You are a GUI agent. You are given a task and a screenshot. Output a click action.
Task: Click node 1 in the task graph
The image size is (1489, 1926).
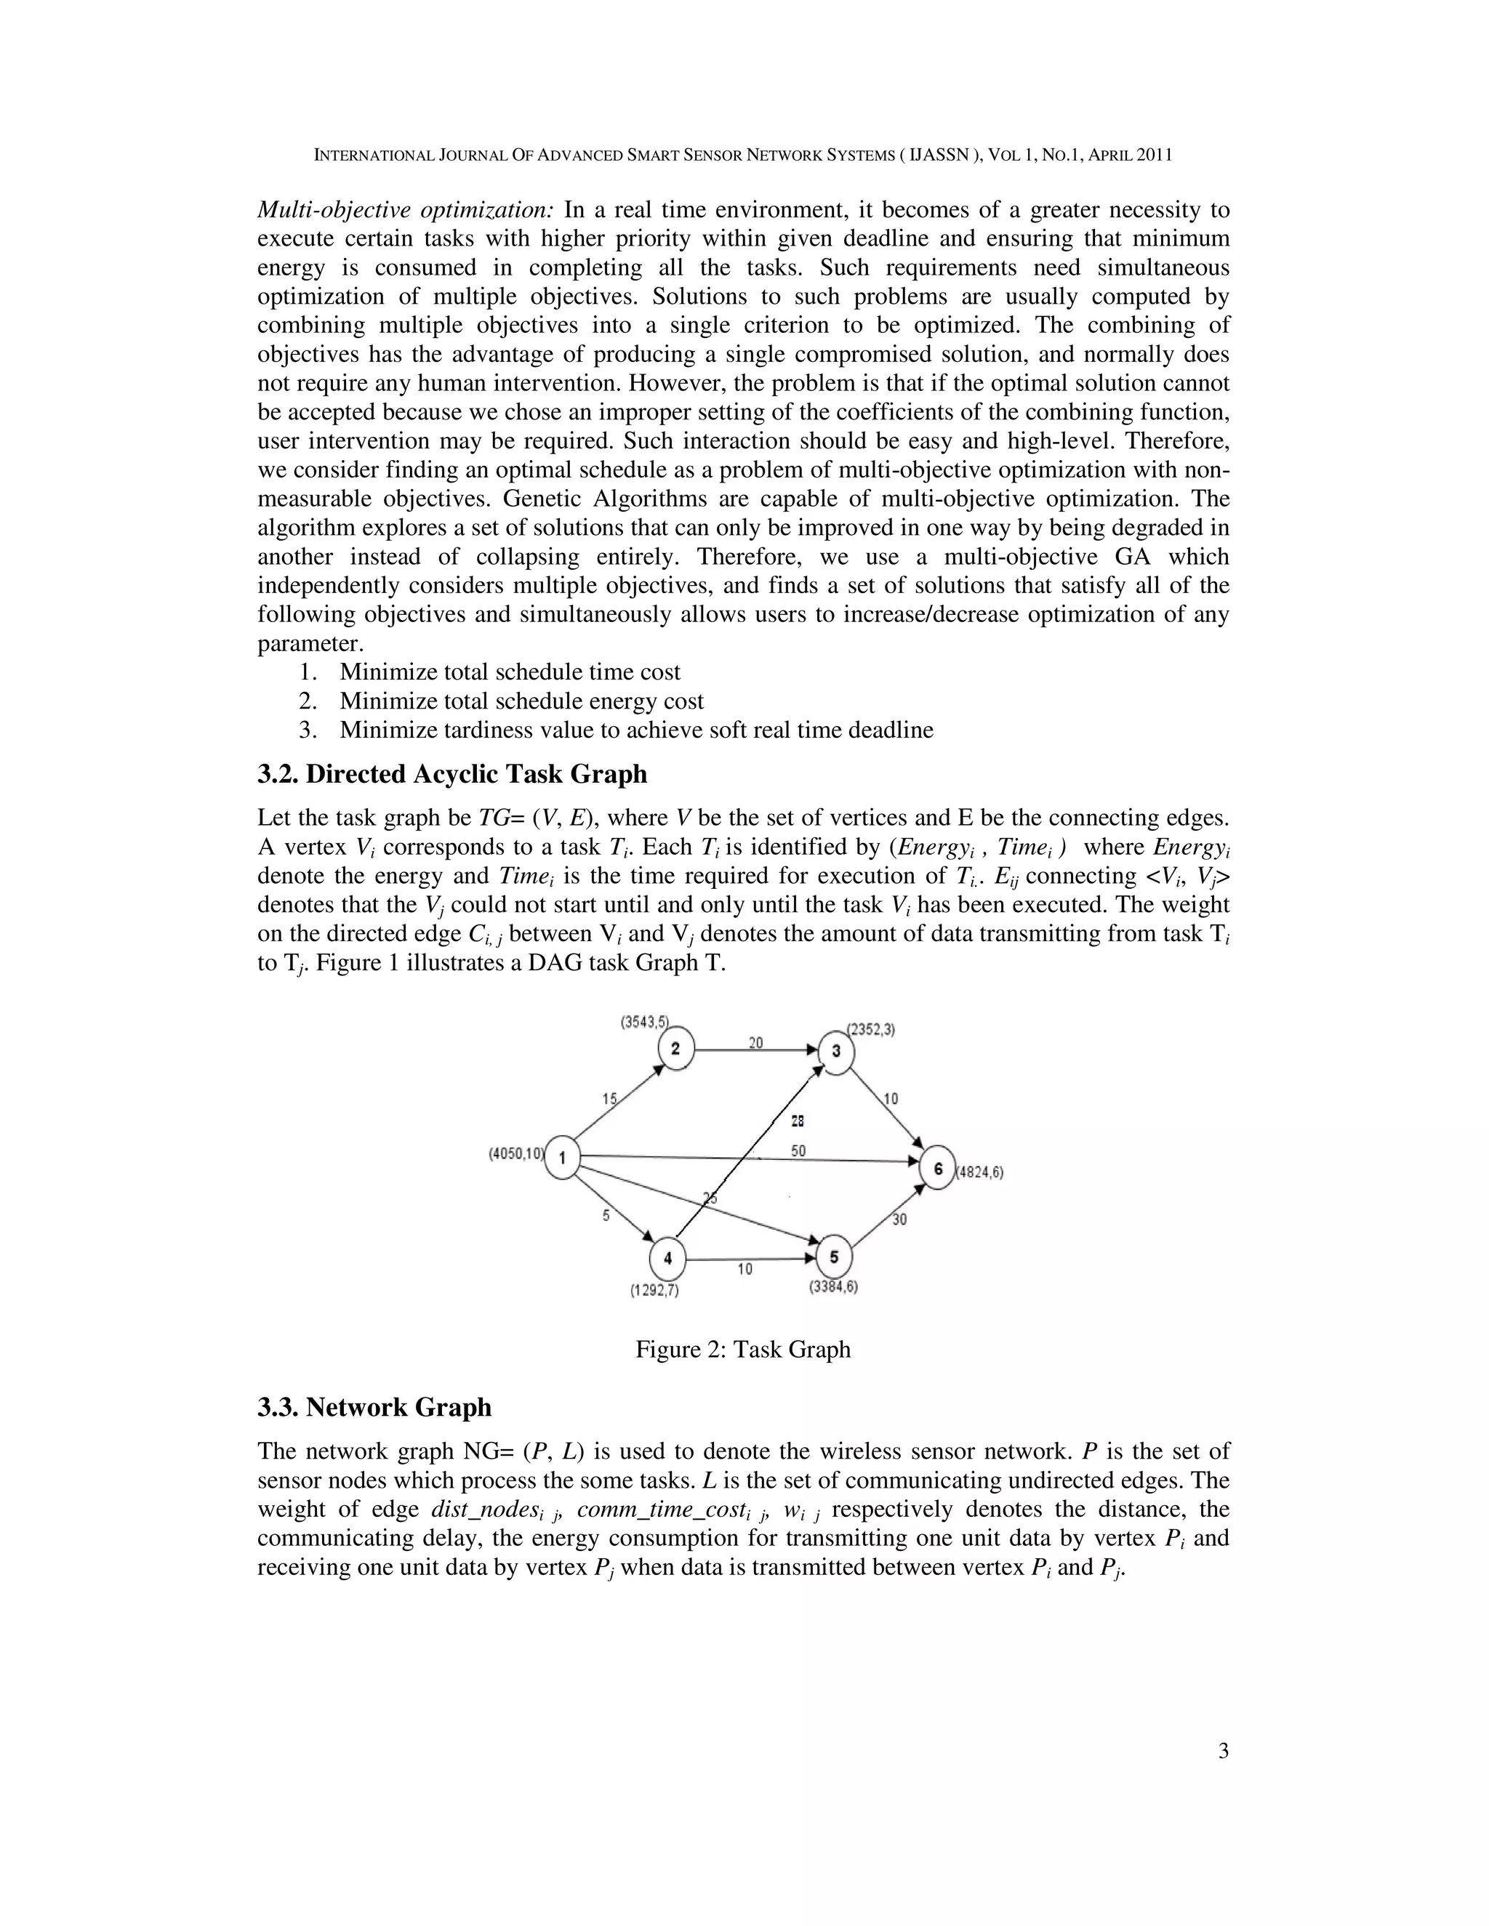pos(563,1157)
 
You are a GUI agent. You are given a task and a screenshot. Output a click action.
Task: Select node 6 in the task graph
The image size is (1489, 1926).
pos(938,1169)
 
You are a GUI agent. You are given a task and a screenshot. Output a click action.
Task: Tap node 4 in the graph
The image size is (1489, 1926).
pos(667,1258)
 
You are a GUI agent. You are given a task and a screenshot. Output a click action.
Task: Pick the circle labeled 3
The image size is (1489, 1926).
pos(836,1050)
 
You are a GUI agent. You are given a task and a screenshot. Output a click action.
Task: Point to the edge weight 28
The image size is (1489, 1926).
pos(798,1121)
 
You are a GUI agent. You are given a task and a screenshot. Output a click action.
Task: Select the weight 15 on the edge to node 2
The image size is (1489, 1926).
pos(609,1099)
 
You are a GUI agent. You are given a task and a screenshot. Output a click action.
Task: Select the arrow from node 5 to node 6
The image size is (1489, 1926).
pos(888,1216)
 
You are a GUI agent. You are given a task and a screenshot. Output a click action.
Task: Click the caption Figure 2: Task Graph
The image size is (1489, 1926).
pos(743,1349)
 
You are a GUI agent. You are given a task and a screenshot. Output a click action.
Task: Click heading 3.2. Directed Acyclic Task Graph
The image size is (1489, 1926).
pos(451,774)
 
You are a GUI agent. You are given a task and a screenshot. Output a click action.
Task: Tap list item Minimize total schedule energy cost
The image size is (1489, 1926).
pos(521,701)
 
